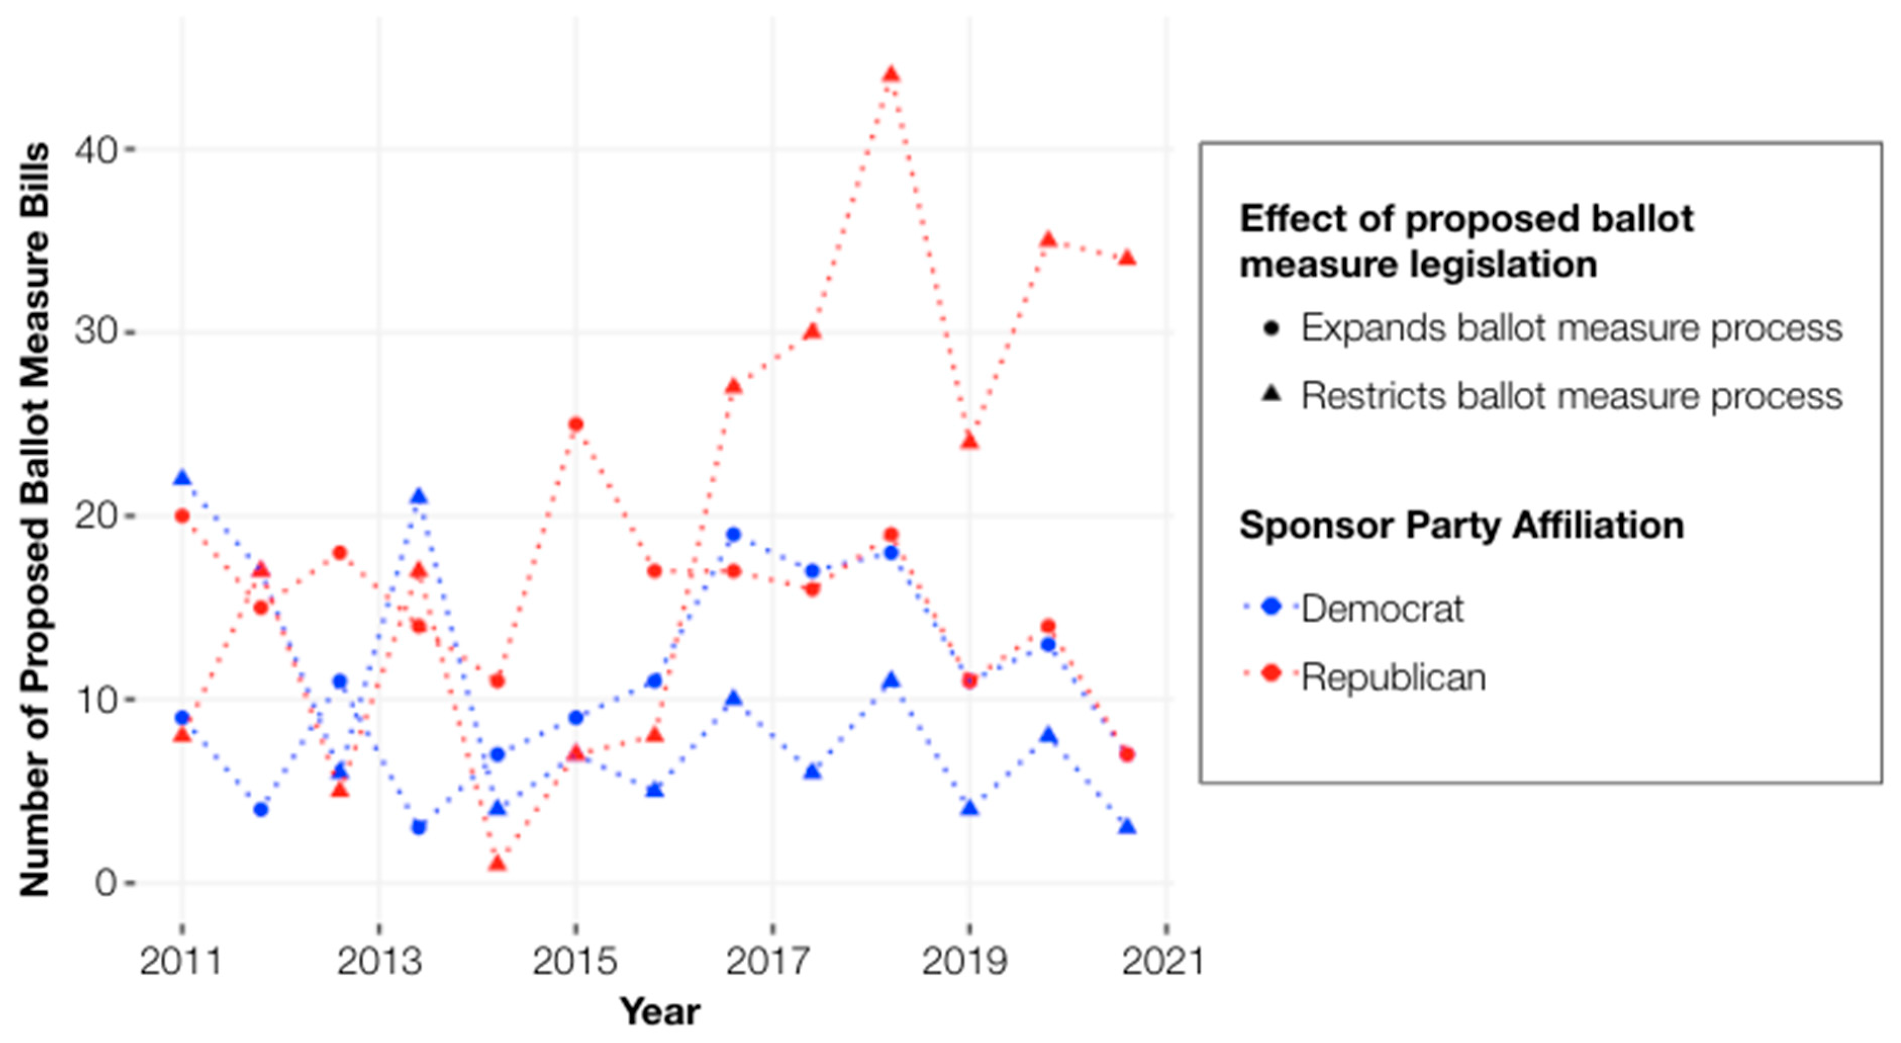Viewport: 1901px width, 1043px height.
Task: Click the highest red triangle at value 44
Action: point(891,75)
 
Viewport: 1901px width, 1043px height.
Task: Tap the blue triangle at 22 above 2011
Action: point(182,479)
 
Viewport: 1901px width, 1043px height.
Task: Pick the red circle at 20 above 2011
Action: point(182,515)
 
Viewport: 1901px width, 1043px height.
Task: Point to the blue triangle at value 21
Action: point(418,496)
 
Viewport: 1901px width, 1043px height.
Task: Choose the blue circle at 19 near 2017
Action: point(733,534)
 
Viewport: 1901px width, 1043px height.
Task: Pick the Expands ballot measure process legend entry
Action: point(1571,328)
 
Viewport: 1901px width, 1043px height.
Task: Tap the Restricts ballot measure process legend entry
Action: point(1571,396)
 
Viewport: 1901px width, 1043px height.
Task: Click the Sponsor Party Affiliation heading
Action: point(1461,526)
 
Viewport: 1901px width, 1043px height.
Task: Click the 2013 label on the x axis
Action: point(378,961)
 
